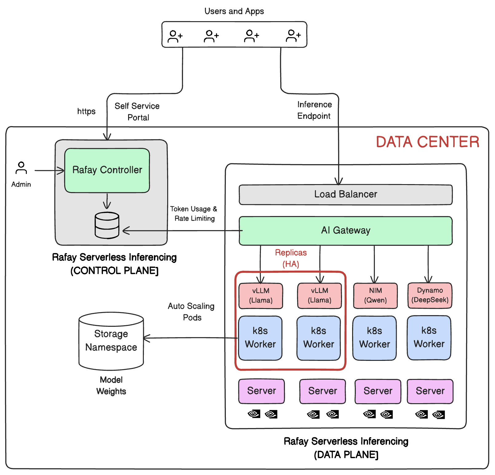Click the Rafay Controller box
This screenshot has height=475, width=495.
[x=107, y=170]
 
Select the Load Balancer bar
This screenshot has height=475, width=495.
[x=345, y=195]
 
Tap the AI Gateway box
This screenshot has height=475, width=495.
[x=345, y=230]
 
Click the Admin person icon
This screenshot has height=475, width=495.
[x=21, y=168]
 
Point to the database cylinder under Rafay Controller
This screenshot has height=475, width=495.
[x=107, y=225]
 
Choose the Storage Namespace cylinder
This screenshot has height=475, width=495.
[x=111, y=341]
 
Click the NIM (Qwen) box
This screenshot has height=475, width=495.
[x=375, y=295]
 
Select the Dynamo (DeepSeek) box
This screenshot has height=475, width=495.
[x=430, y=295]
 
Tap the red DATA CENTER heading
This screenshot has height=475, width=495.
[x=427, y=142]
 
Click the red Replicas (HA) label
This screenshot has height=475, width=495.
[x=291, y=258]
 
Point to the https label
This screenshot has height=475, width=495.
[x=86, y=111]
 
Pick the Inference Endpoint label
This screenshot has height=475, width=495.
[x=314, y=110]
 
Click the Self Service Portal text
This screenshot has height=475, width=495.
[x=137, y=112]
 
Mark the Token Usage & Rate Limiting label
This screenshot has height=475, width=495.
[x=194, y=214]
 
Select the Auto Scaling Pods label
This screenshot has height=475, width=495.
[x=191, y=311]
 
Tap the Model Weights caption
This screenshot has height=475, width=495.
[x=111, y=385]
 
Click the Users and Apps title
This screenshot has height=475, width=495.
[x=234, y=11]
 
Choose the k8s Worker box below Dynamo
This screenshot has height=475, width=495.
[x=429, y=338]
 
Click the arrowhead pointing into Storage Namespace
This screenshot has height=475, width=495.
[x=146, y=338]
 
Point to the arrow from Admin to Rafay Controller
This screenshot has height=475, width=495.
[x=49, y=170]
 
